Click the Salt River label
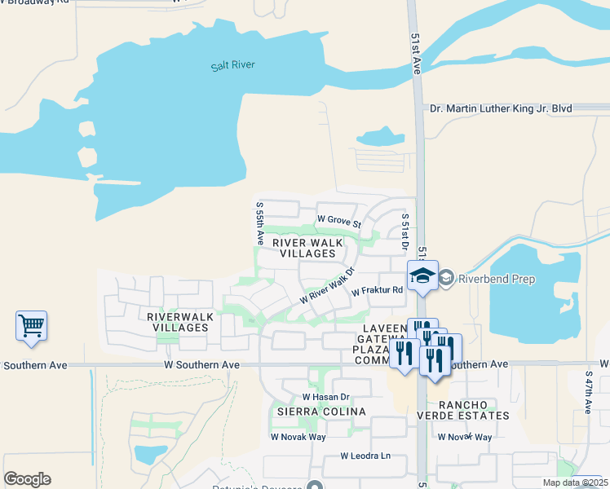[x=227, y=64]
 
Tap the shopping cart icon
[x=31, y=325]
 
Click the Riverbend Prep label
[x=496, y=280]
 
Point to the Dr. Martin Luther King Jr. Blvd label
[x=501, y=108]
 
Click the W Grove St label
[x=338, y=219]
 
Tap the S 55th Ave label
[x=259, y=224]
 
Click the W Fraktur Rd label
[x=378, y=290]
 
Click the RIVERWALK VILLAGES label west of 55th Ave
[x=178, y=321]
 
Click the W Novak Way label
[x=298, y=437]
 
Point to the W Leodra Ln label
[x=365, y=456]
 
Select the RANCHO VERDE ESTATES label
[x=474, y=410]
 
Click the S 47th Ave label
[x=589, y=394]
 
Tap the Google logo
[x=27, y=479]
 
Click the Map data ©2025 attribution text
[x=575, y=482]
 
